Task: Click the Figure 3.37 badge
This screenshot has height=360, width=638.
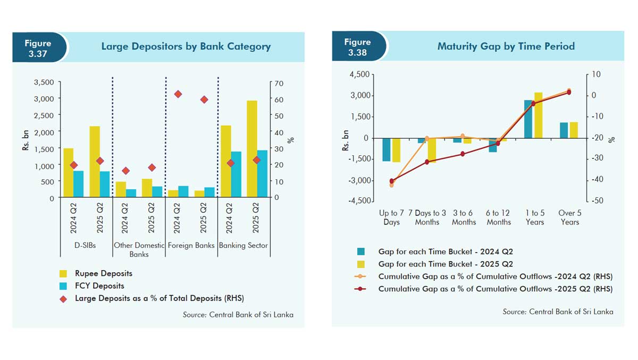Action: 38,48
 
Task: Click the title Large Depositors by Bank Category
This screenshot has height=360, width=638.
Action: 186,47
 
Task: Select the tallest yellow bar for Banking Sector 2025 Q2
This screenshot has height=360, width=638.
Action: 251,149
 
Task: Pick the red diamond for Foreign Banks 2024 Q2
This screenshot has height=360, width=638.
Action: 178,94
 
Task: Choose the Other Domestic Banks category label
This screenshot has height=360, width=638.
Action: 139,249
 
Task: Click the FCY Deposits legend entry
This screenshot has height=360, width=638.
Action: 99,286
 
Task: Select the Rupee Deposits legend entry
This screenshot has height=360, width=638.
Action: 103,273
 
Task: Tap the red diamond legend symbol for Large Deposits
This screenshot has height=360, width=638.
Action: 63,299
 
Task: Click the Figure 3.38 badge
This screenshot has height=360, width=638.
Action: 357,47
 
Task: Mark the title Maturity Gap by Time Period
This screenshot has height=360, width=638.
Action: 506,46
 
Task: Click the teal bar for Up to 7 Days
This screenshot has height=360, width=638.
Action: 387,149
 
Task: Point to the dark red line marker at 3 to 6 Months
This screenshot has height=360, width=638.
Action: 463,154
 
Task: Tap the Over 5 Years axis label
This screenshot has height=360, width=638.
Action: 569,217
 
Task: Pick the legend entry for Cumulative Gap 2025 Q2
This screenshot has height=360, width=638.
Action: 495,289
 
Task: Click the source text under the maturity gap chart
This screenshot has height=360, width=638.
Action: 558,312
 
